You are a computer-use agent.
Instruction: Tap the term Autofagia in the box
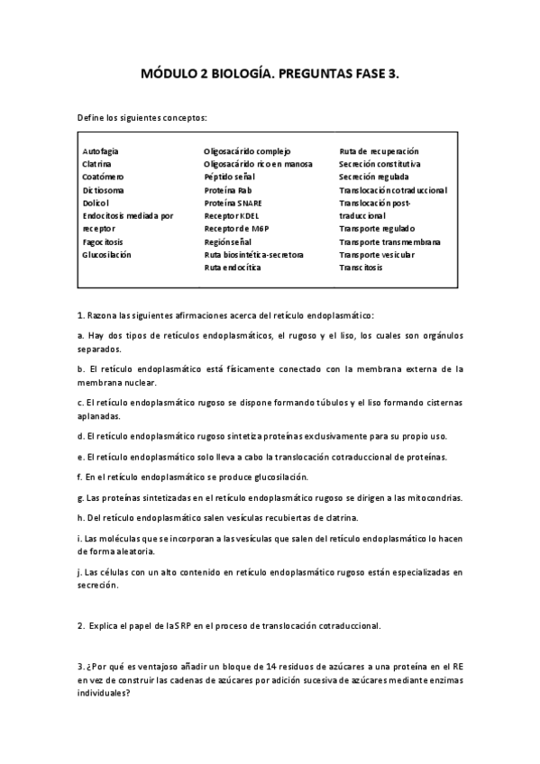point(100,151)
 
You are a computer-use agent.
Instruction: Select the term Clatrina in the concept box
point(96,165)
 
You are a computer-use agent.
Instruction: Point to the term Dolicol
point(96,204)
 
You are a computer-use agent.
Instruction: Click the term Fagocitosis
point(103,242)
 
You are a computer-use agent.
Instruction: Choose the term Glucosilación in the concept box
point(106,255)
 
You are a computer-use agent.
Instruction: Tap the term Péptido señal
point(231,177)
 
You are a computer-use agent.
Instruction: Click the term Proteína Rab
point(228,191)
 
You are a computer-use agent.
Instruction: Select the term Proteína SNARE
point(233,204)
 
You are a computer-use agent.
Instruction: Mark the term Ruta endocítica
point(233,268)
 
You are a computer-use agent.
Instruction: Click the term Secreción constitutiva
point(380,165)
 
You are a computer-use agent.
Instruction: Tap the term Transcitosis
point(361,268)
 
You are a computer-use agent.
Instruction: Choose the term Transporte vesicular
point(377,255)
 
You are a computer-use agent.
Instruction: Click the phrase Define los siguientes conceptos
point(142,118)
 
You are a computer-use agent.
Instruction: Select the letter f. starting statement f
point(80,477)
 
